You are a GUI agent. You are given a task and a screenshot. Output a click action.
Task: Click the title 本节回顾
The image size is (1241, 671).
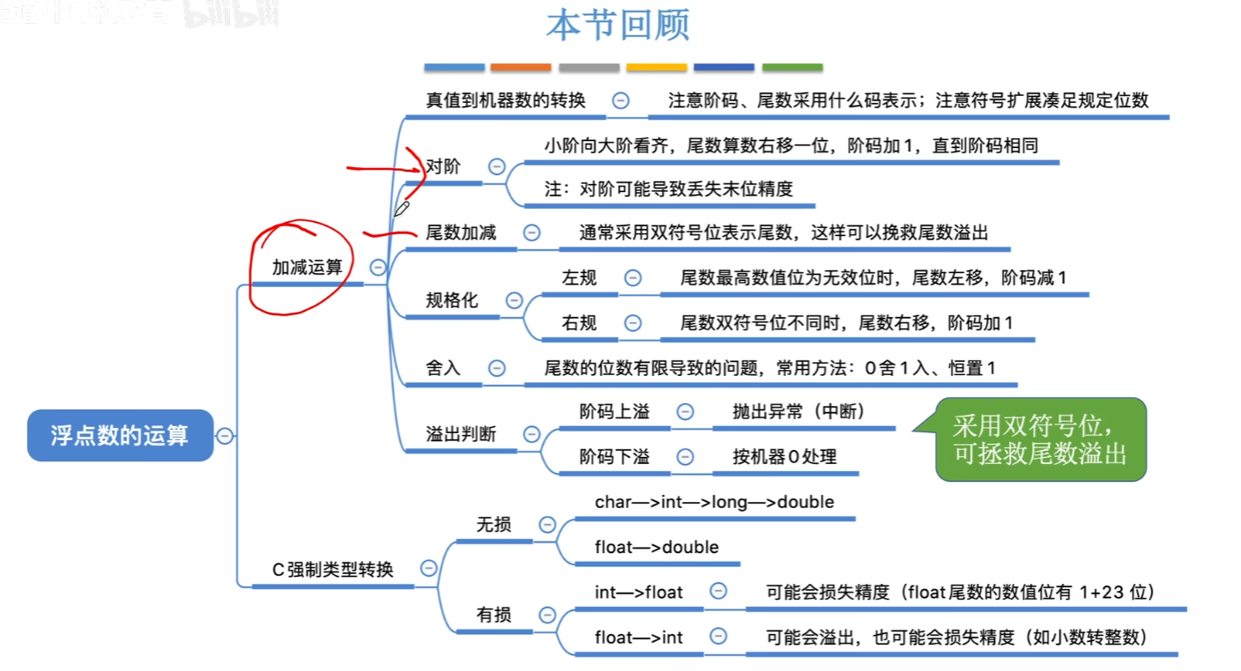pyautogui.click(x=617, y=25)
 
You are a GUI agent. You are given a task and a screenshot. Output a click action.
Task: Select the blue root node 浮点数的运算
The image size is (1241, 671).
pyautogui.click(x=120, y=435)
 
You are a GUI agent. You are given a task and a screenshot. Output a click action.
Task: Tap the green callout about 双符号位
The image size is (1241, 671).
pyautogui.click(x=1040, y=439)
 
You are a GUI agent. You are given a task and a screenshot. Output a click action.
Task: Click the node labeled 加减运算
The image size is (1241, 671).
pyautogui.click(x=307, y=268)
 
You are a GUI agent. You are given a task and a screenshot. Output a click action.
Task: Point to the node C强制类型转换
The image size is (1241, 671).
pyautogui.click(x=332, y=570)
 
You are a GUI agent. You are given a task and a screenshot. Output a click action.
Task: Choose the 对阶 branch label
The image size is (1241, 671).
pyautogui.click(x=443, y=166)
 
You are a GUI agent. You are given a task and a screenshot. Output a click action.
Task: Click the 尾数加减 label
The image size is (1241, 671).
pyautogui.click(x=461, y=232)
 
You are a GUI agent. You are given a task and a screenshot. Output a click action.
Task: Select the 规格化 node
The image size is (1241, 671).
pyautogui.click(x=451, y=300)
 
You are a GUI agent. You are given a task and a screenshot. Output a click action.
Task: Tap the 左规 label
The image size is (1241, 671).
pyautogui.click(x=579, y=278)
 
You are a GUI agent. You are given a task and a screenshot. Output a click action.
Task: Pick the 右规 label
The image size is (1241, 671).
pyautogui.click(x=579, y=323)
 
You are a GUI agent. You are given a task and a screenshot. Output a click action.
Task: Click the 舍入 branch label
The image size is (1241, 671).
pyautogui.click(x=443, y=368)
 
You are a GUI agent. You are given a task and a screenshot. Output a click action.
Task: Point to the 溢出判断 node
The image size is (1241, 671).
pyautogui.click(x=461, y=434)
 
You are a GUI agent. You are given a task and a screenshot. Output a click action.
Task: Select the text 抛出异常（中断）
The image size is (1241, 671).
pyautogui.click(x=799, y=412)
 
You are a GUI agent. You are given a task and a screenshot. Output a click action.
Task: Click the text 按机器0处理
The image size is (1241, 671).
pyautogui.click(x=784, y=457)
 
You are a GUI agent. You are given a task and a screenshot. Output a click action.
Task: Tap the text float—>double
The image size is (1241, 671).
pyautogui.click(x=657, y=547)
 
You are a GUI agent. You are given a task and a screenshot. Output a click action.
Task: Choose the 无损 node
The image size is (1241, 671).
pyautogui.click(x=494, y=525)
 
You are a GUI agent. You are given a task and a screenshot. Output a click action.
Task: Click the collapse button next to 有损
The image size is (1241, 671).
pyautogui.click(x=547, y=615)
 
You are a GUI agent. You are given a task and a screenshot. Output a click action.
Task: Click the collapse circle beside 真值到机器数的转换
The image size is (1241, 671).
pyautogui.click(x=620, y=100)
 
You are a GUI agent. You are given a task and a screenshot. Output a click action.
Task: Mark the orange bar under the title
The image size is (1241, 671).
pyautogui.click(x=520, y=67)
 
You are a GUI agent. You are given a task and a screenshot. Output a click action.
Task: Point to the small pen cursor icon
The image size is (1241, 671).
pyautogui.click(x=401, y=209)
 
